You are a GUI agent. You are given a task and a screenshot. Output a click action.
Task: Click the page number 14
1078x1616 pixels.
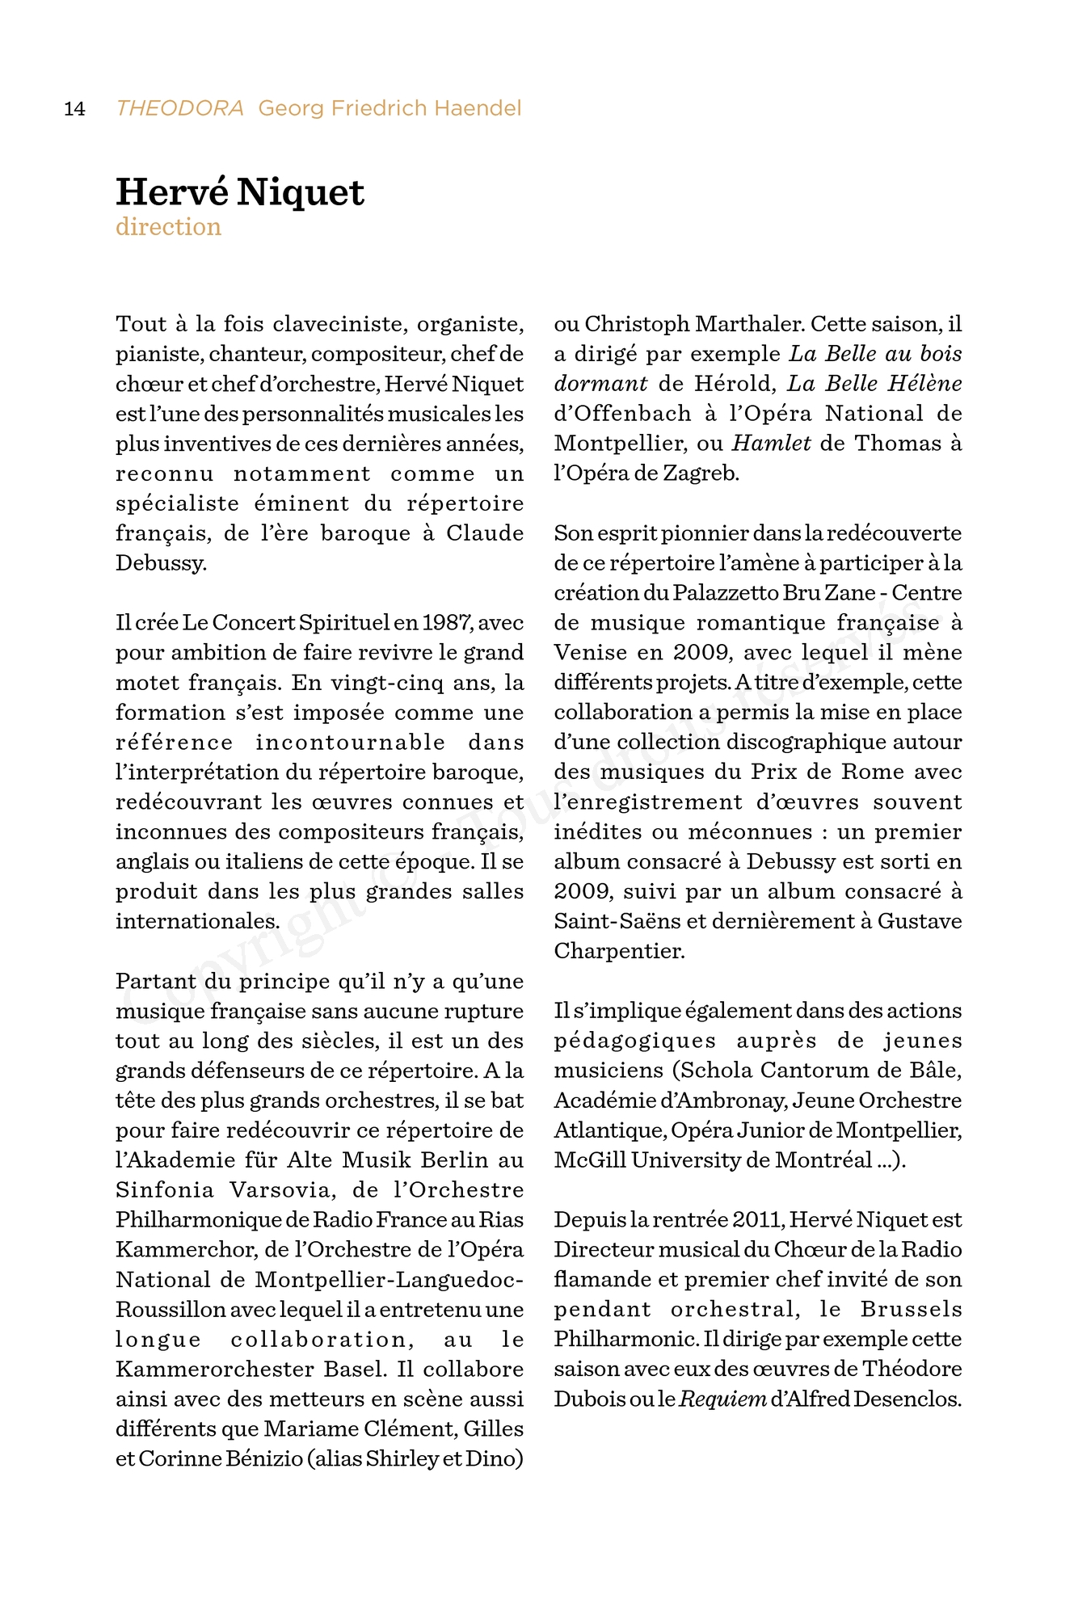click(74, 109)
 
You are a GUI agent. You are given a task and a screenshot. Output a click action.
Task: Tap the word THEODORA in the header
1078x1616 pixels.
click(179, 108)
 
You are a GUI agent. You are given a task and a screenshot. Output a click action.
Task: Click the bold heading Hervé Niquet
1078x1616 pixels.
click(240, 192)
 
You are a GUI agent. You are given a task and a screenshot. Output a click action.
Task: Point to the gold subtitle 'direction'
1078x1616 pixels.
click(168, 227)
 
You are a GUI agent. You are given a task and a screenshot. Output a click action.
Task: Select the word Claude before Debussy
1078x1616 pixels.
click(485, 533)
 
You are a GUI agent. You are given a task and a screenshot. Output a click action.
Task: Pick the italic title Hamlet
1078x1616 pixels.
click(771, 444)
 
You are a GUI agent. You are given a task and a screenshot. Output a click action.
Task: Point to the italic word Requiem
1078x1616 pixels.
click(722, 1399)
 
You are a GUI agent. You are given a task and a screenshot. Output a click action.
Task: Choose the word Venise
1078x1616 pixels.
click(591, 653)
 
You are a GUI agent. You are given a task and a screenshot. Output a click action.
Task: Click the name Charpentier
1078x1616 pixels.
click(619, 952)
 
